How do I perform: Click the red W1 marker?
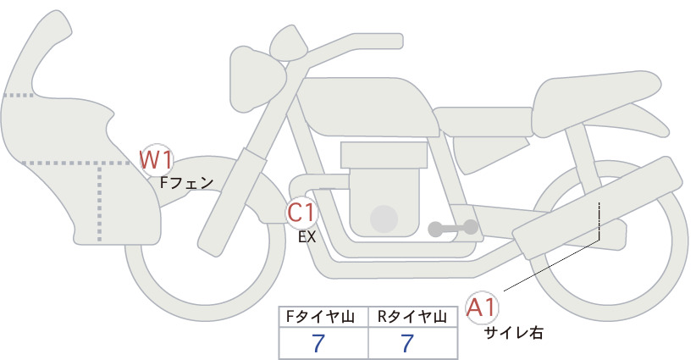point(156,160)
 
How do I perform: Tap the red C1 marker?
point(301,213)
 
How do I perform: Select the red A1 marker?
point(482,307)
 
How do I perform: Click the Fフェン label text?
point(186,182)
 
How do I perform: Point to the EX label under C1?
point(307,237)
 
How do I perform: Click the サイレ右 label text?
point(513,333)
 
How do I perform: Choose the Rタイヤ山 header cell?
point(413,317)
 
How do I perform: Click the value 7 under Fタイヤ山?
point(318,343)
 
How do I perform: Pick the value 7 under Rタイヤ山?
point(407,343)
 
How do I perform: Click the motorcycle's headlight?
point(256,79)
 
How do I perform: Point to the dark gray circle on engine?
point(384,219)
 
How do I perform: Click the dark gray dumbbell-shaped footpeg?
point(453,228)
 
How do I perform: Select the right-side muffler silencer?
point(598,208)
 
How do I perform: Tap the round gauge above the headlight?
point(289,42)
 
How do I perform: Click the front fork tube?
point(231,202)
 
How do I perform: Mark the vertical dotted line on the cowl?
point(99,202)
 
